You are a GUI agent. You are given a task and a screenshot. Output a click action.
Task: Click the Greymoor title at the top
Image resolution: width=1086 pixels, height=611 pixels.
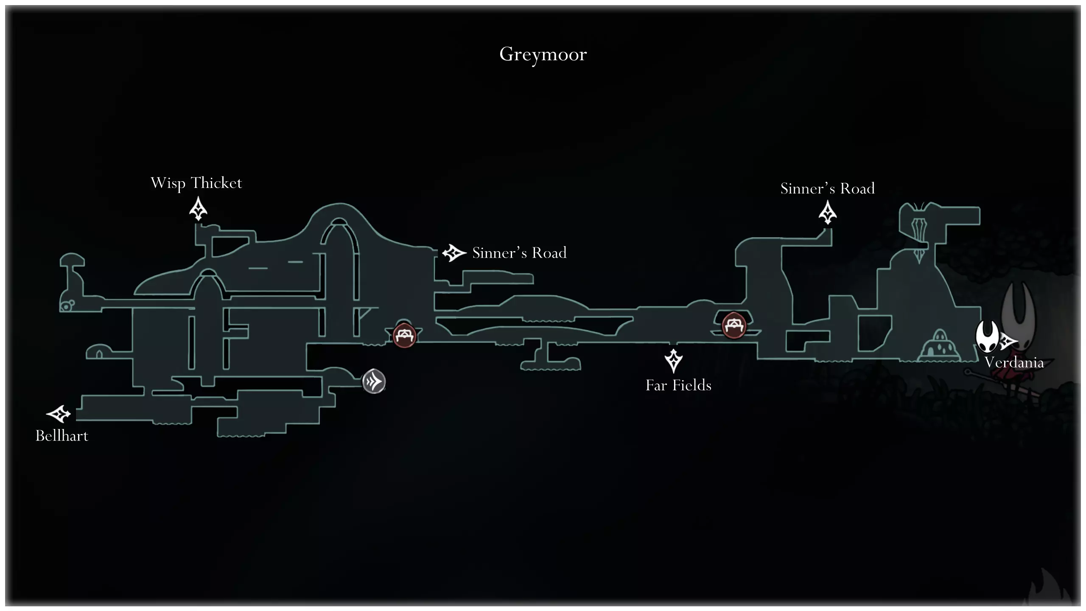[543, 54]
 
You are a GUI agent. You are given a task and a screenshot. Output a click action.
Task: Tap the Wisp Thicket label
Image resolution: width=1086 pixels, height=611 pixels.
[196, 183]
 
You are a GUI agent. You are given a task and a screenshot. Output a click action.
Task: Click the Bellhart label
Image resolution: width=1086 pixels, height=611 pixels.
[62, 436]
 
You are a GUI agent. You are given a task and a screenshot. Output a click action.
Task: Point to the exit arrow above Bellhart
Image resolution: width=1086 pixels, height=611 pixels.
[59, 414]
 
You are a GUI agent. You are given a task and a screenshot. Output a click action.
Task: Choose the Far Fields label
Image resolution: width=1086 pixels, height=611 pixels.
[678, 385]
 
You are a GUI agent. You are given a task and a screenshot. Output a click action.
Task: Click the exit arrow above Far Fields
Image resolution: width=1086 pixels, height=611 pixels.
[673, 361]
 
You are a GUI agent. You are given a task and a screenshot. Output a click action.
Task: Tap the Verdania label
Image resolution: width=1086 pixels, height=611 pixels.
[1014, 362]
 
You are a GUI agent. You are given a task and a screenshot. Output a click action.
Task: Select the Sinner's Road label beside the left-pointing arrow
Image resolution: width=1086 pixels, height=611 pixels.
[519, 253]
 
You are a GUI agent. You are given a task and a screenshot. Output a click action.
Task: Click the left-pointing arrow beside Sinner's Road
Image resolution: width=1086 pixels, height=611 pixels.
[454, 253]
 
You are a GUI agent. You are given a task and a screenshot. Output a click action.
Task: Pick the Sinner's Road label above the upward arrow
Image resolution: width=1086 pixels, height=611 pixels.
[827, 188]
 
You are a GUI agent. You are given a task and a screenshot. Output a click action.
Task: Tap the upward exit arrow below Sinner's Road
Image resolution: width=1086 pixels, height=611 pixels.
[827, 212]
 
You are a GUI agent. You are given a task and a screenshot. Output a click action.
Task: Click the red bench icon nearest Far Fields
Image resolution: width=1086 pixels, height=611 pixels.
[733, 325]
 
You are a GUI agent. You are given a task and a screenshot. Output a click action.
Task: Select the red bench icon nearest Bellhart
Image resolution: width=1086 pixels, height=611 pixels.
[404, 336]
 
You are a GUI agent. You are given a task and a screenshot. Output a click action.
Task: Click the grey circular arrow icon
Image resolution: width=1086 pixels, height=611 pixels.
[374, 381]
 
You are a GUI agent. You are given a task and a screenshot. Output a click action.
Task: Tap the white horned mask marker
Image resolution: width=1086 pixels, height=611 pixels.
[987, 336]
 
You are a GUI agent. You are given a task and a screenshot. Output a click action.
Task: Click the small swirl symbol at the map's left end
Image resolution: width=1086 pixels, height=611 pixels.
[67, 305]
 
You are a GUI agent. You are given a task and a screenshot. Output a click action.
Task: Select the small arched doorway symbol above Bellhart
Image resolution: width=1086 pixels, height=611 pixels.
[99, 353]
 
